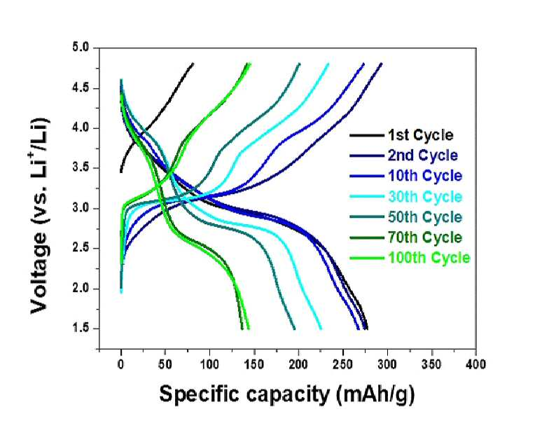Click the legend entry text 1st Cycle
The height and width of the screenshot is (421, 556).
(x=421, y=135)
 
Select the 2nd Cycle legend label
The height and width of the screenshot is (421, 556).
(x=423, y=156)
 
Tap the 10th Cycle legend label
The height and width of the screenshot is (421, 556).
(x=425, y=176)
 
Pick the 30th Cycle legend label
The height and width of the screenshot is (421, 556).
(x=425, y=197)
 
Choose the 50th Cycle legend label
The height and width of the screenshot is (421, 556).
(x=425, y=217)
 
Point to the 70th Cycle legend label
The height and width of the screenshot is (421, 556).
(x=425, y=237)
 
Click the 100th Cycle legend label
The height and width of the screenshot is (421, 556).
(x=429, y=258)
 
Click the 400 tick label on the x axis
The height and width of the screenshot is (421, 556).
(x=476, y=364)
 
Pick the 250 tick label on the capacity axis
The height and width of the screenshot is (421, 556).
(x=343, y=364)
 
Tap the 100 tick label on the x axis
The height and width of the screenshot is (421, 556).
(x=210, y=364)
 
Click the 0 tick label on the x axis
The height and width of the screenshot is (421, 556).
(x=121, y=364)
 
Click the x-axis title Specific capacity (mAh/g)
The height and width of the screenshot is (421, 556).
(x=287, y=394)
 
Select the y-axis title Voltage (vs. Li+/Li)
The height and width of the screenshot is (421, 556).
(x=40, y=215)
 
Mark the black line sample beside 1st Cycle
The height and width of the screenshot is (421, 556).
(x=367, y=135)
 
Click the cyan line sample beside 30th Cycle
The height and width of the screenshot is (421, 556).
(x=367, y=197)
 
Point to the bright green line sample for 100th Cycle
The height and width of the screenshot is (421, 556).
(x=367, y=258)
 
